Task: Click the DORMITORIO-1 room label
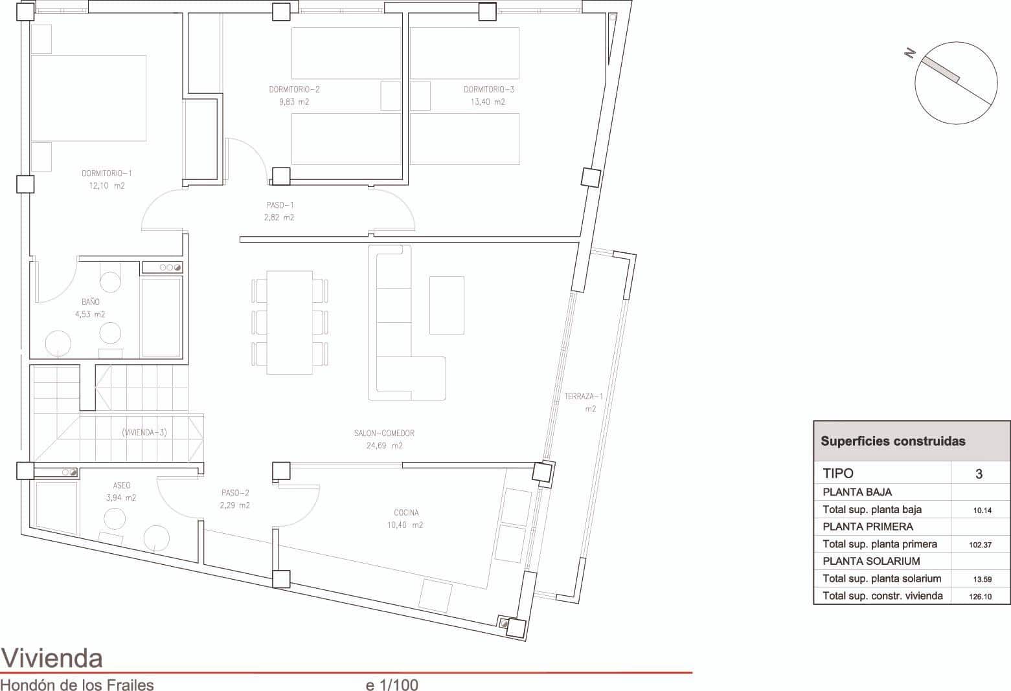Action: click(x=107, y=173)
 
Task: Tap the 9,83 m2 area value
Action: click(x=294, y=102)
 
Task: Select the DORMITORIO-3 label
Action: click(x=489, y=90)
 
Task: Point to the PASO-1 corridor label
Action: click(x=280, y=205)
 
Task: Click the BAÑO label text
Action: click(x=91, y=302)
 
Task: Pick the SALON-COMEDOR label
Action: click(x=384, y=433)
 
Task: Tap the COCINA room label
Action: click(x=406, y=513)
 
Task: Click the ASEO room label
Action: click(x=122, y=485)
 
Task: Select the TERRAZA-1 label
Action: click(x=584, y=397)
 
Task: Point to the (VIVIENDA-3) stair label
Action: click(x=144, y=433)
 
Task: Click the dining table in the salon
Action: click(x=290, y=322)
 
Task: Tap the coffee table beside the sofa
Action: click(x=446, y=305)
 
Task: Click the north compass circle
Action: click(x=956, y=83)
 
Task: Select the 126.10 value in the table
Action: click(x=980, y=597)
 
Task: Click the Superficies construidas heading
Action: click(x=892, y=441)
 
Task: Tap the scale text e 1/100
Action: click(x=392, y=685)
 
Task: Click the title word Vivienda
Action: click(x=52, y=658)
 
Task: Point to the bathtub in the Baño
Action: click(x=161, y=317)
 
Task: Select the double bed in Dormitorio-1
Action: click(x=88, y=98)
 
